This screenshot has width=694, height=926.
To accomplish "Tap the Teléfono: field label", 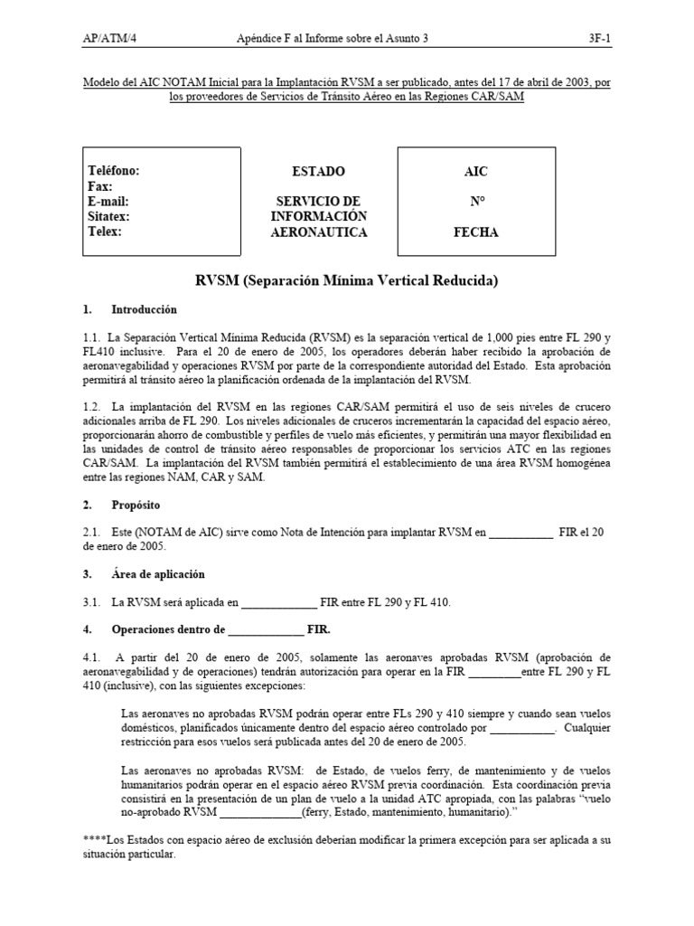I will (x=113, y=171).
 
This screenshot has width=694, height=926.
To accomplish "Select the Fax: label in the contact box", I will (x=99, y=186).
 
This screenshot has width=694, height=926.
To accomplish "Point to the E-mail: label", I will (x=108, y=202).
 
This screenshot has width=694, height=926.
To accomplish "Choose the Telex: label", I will (x=105, y=231).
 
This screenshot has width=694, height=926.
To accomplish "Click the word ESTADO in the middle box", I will (x=318, y=171).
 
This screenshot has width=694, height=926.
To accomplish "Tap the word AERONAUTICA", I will (x=319, y=232).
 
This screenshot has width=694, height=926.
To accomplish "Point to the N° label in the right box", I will (x=476, y=202).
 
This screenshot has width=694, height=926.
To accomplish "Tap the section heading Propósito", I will (x=138, y=505).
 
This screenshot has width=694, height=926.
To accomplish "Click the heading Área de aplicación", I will (x=158, y=574).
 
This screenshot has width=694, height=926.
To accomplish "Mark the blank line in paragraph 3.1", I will (x=280, y=603).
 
